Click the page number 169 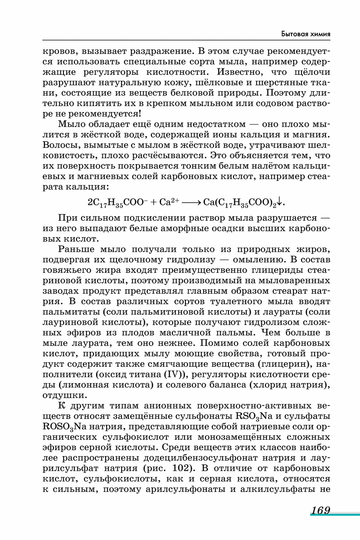pyautogui.click(x=320, y=511)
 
